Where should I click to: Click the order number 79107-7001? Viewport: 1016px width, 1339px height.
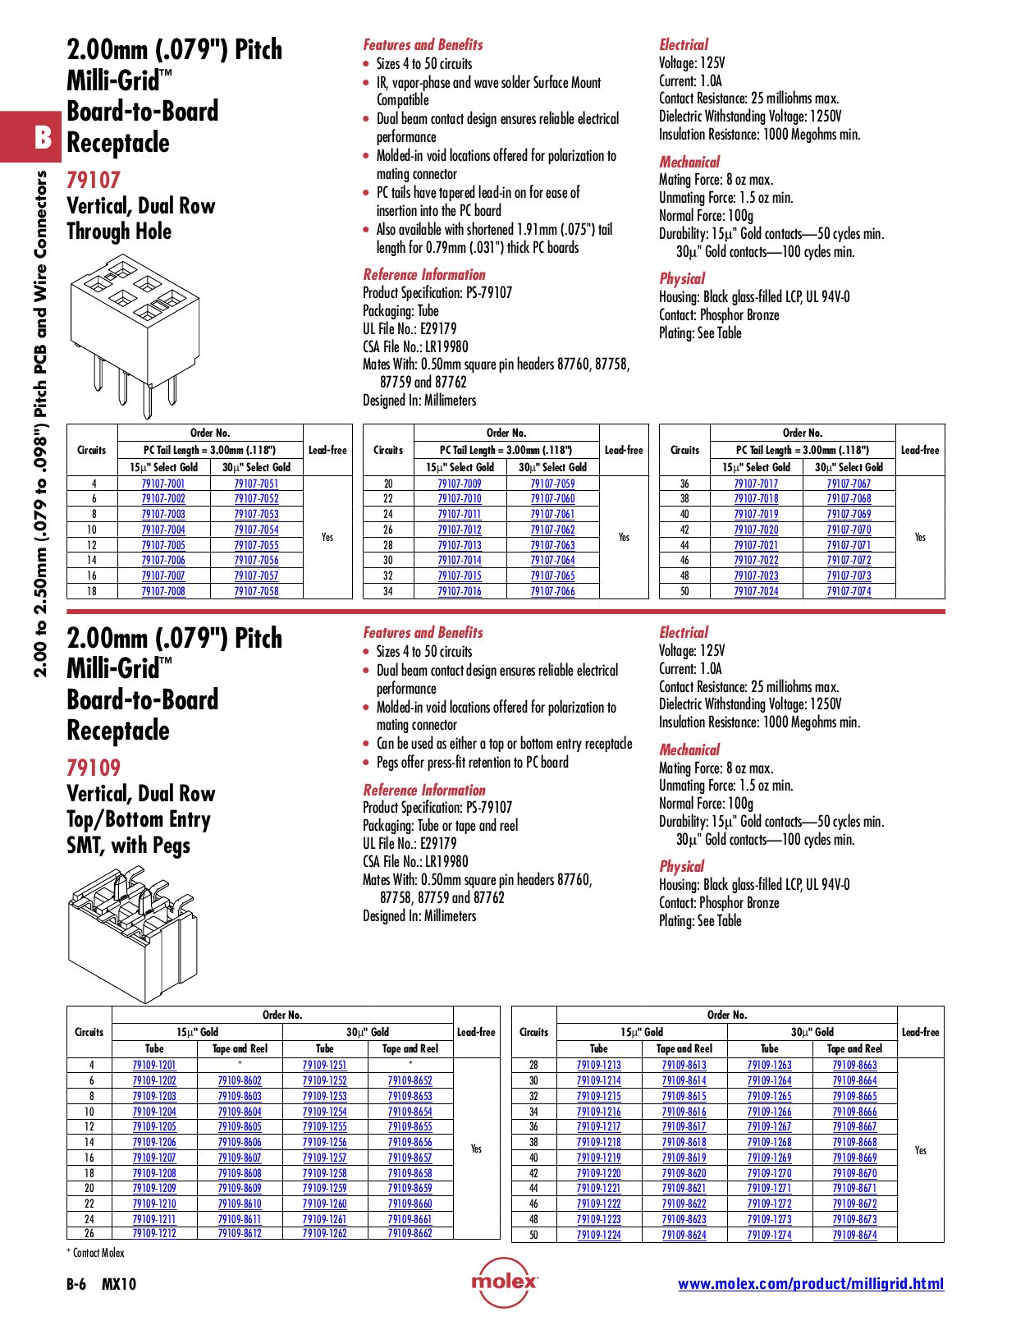click(163, 484)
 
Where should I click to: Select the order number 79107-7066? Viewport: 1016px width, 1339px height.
click(552, 591)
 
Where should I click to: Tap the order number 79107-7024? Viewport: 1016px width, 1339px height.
click(756, 591)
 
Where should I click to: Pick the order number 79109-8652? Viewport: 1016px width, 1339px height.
click(410, 1080)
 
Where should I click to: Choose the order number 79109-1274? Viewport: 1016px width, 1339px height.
click(769, 1235)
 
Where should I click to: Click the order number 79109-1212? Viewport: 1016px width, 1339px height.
click(154, 1233)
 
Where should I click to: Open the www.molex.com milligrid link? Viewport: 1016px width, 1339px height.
click(810, 1284)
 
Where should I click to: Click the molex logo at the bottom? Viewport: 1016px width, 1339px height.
click(504, 1282)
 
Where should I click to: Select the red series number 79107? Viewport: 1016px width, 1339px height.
click(94, 180)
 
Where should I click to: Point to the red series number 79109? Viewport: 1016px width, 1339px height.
click(94, 768)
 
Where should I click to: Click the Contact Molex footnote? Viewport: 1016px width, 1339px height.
click(95, 1253)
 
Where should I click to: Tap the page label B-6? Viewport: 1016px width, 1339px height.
click(76, 1284)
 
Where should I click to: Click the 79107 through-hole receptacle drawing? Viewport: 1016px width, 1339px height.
click(135, 331)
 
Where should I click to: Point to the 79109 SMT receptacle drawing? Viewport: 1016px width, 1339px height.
click(131, 935)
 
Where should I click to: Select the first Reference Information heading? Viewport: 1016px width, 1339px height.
click(424, 275)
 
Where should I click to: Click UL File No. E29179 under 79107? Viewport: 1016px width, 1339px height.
click(410, 328)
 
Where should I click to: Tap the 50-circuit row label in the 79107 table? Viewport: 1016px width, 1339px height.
click(684, 591)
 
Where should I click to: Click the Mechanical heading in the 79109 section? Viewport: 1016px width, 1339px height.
click(689, 750)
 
